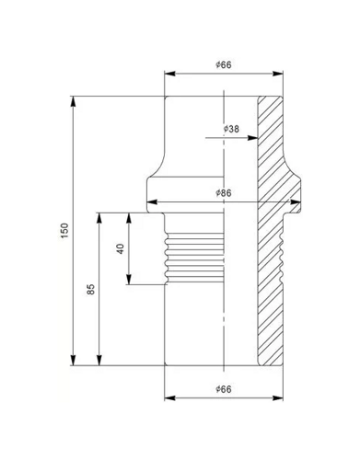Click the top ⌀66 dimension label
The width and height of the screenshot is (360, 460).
tap(224, 65)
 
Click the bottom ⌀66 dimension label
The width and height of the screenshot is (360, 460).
tap(224, 389)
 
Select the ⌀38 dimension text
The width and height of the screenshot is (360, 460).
tap(231, 129)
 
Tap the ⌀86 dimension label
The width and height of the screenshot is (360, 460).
tap(224, 193)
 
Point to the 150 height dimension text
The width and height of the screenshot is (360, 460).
tap(64, 231)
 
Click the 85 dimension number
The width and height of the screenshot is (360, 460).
tap(91, 290)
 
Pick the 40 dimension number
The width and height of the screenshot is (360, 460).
tap(121, 248)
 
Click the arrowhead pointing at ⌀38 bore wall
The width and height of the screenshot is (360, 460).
tap(252, 138)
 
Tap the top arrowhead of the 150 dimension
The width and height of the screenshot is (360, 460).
tap(73, 101)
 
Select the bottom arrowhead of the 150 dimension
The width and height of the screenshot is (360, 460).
tap(73, 361)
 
